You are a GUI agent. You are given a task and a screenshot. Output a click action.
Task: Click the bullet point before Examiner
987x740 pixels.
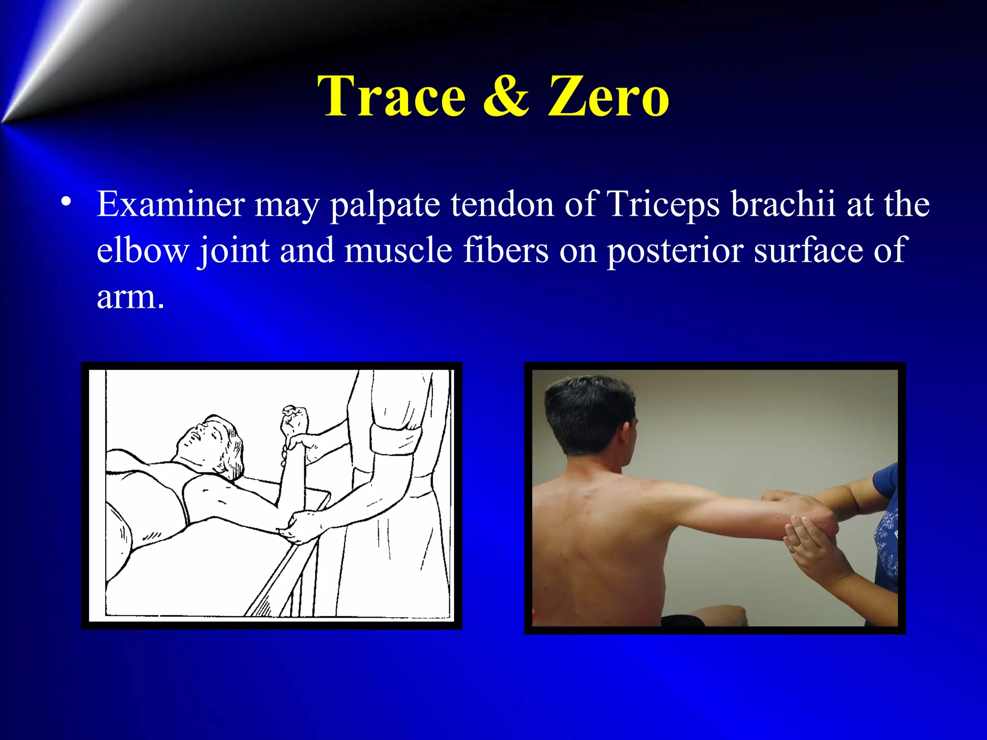pyautogui.click(x=67, y=201)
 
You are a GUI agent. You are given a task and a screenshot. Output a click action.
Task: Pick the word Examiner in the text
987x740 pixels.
pyautogui.click(x=170, y=204)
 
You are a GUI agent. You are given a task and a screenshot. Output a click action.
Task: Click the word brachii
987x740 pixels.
pyautogui.click(x=783, y=204)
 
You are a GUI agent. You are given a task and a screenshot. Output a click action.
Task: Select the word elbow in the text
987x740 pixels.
pyautogui.click(x=143, y=251)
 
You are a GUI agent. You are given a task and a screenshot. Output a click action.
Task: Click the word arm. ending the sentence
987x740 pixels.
pyautogui.click(x=131, y=297)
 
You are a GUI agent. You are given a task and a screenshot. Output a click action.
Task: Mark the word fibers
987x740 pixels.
pyautogui.click(x=506, y=251)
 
